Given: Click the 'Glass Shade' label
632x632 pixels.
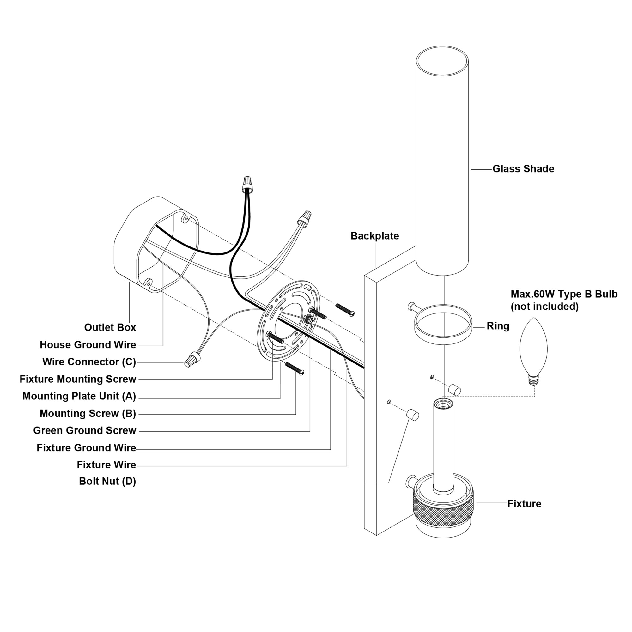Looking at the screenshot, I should [x=523, y=169].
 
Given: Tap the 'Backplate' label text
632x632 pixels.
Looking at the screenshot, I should [x=374, y=236].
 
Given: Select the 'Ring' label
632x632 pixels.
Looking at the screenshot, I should [x=498, y=326].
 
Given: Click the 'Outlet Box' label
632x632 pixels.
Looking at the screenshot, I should [x=110, y=327].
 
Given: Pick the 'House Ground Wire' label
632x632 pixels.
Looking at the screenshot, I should [x=88, y=345].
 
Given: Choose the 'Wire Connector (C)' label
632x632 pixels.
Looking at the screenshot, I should [x=89, y=362].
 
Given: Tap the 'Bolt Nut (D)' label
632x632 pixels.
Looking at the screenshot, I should [x=107, y=481].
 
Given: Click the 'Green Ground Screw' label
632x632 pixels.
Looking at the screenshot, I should [x=84, y=430].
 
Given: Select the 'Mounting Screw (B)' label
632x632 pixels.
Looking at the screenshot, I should [x=88, y=413].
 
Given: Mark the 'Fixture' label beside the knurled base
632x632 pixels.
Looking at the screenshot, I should [x=524, y=504].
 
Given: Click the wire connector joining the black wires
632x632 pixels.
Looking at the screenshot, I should [x=248, y=185].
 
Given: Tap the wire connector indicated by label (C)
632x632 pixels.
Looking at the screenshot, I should [x=193, y=359].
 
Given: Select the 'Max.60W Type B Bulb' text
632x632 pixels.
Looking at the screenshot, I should [x=564, y=294].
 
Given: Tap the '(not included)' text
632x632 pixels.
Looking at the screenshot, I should [x=544, y=307].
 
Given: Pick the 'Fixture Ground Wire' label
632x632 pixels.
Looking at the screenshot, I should [x=86, y=448].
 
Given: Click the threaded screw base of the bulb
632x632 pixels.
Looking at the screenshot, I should [x=534, y=380].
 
